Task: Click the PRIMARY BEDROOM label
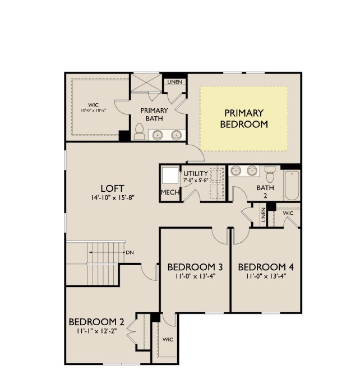(x=243, y=118)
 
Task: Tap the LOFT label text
(x=112, y=188)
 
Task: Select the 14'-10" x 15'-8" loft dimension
(x=112, y=198)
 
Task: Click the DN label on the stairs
(x=130, y=252)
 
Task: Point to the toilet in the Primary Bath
(x=139, y=132)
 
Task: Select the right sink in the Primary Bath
(x=177, y=134)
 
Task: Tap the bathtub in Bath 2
(x=292, y=185)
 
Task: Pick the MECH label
(x=169, y=193)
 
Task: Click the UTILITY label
(x=195, y=173)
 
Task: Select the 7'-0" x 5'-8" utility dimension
(x=196, y=181)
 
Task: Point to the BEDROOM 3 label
(x=195, y=266)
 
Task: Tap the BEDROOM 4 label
(x=266, y=266)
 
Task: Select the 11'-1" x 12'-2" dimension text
(x=96, y=331)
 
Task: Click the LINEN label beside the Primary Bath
(x=174, y=82)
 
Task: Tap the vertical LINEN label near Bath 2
(x=262, y=215)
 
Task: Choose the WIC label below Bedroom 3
(x=168, y=340)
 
